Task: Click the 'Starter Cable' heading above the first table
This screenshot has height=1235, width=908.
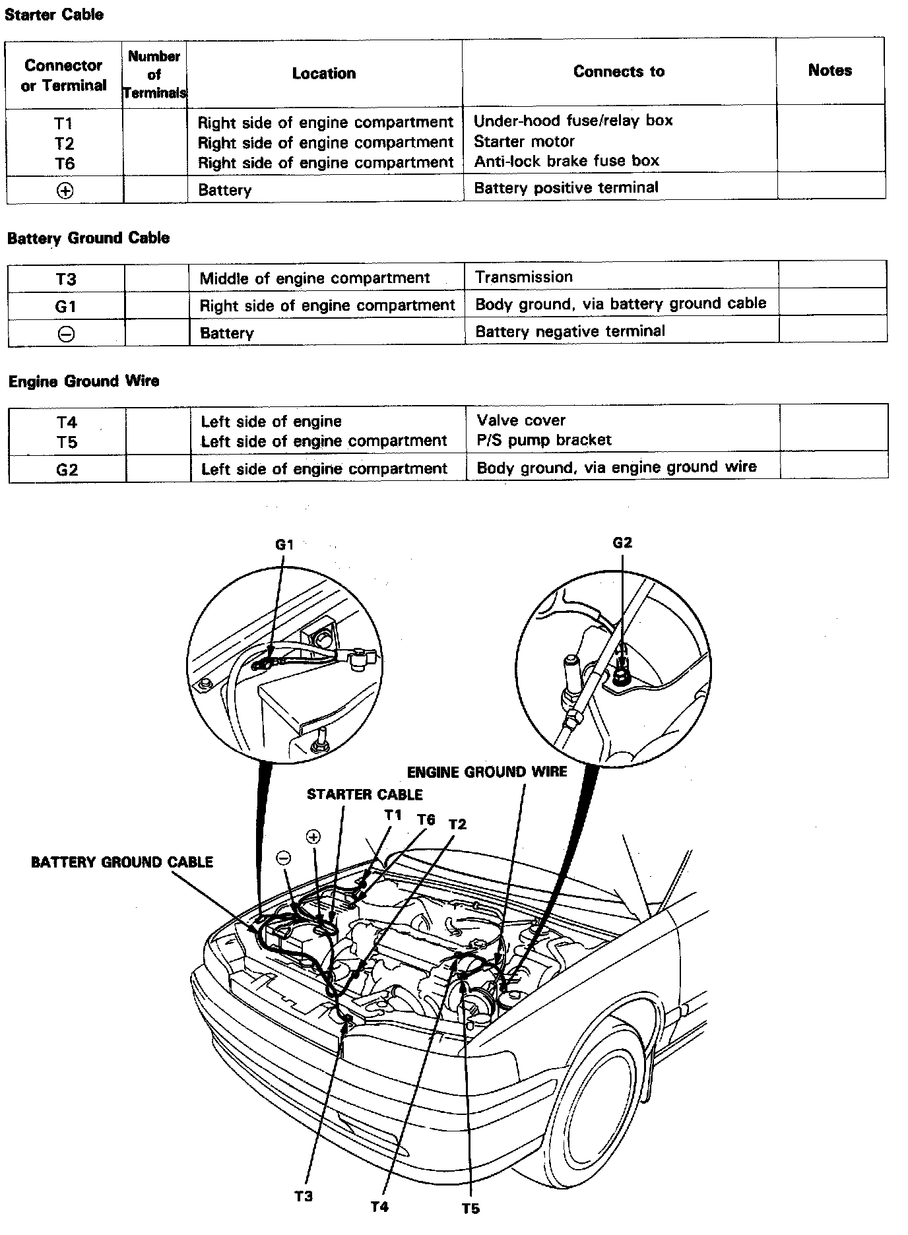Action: tap(54, 15)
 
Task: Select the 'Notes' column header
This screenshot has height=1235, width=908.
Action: tap(829, 71)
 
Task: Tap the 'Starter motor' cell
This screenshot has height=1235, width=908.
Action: tap(524, 141)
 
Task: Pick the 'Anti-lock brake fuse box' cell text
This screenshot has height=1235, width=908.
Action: tap(566, 160)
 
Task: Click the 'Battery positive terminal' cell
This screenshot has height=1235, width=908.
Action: tap(566, 187)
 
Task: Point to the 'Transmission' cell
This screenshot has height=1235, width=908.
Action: tap(523, 277)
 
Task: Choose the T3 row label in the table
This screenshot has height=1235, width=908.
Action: tap(65, 279)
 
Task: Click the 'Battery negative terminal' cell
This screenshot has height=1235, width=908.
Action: tap(569, 331)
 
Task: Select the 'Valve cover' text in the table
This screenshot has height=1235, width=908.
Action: tap(521, 420)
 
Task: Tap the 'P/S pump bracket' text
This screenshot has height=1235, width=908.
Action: tap(544, 439)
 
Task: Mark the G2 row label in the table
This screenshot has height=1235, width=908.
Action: tap(67, 470)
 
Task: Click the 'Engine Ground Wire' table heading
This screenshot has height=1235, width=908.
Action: tap(83, 381)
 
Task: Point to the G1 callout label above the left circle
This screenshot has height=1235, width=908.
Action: tap(284, 545)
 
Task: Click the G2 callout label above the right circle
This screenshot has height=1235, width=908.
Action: tap(622, 543)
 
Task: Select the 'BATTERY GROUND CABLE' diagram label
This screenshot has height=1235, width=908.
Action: tap(122, 862)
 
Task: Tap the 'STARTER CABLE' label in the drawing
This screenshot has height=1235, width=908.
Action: tap(364, 795)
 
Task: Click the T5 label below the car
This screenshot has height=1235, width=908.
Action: tap(470, 1209)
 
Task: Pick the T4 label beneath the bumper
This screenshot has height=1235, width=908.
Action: tap(379, 1207)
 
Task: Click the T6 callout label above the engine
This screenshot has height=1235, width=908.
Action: tap(426, 820)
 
